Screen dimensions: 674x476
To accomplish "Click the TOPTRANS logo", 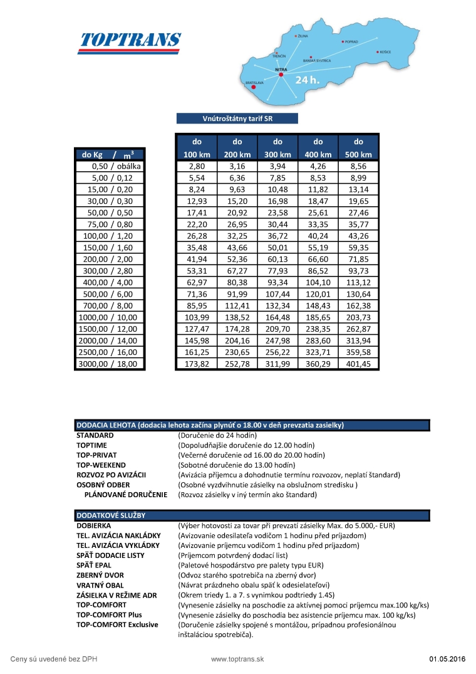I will point(130,41).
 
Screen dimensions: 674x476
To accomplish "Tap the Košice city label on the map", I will point(384,51).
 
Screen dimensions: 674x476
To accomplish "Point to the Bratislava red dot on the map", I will point(254,88).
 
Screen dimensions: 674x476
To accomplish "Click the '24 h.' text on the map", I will point(308,80).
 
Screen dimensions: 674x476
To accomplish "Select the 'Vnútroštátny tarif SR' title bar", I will point(237,118).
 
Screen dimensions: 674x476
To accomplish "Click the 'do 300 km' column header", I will point(278,148).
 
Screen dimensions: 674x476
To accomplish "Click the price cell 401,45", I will point(358,364).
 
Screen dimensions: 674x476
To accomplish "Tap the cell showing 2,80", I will point(197,167).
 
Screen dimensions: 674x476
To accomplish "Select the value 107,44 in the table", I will point(278,294).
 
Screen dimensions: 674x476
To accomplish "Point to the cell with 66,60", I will point(318,259).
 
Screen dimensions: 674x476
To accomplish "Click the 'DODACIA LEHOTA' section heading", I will point(210,424).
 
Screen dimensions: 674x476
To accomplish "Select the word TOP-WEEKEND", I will point(101,465).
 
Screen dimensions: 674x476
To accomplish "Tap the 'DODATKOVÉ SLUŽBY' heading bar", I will point(111,515).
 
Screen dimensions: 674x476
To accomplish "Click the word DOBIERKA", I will point(94,525).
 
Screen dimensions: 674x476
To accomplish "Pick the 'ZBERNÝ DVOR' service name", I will point(100,575).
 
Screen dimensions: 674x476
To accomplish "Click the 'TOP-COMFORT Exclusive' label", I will point(117,624).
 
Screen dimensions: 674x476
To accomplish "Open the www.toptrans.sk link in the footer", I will point(237,659).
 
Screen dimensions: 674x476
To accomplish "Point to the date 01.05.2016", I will point(447,659).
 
